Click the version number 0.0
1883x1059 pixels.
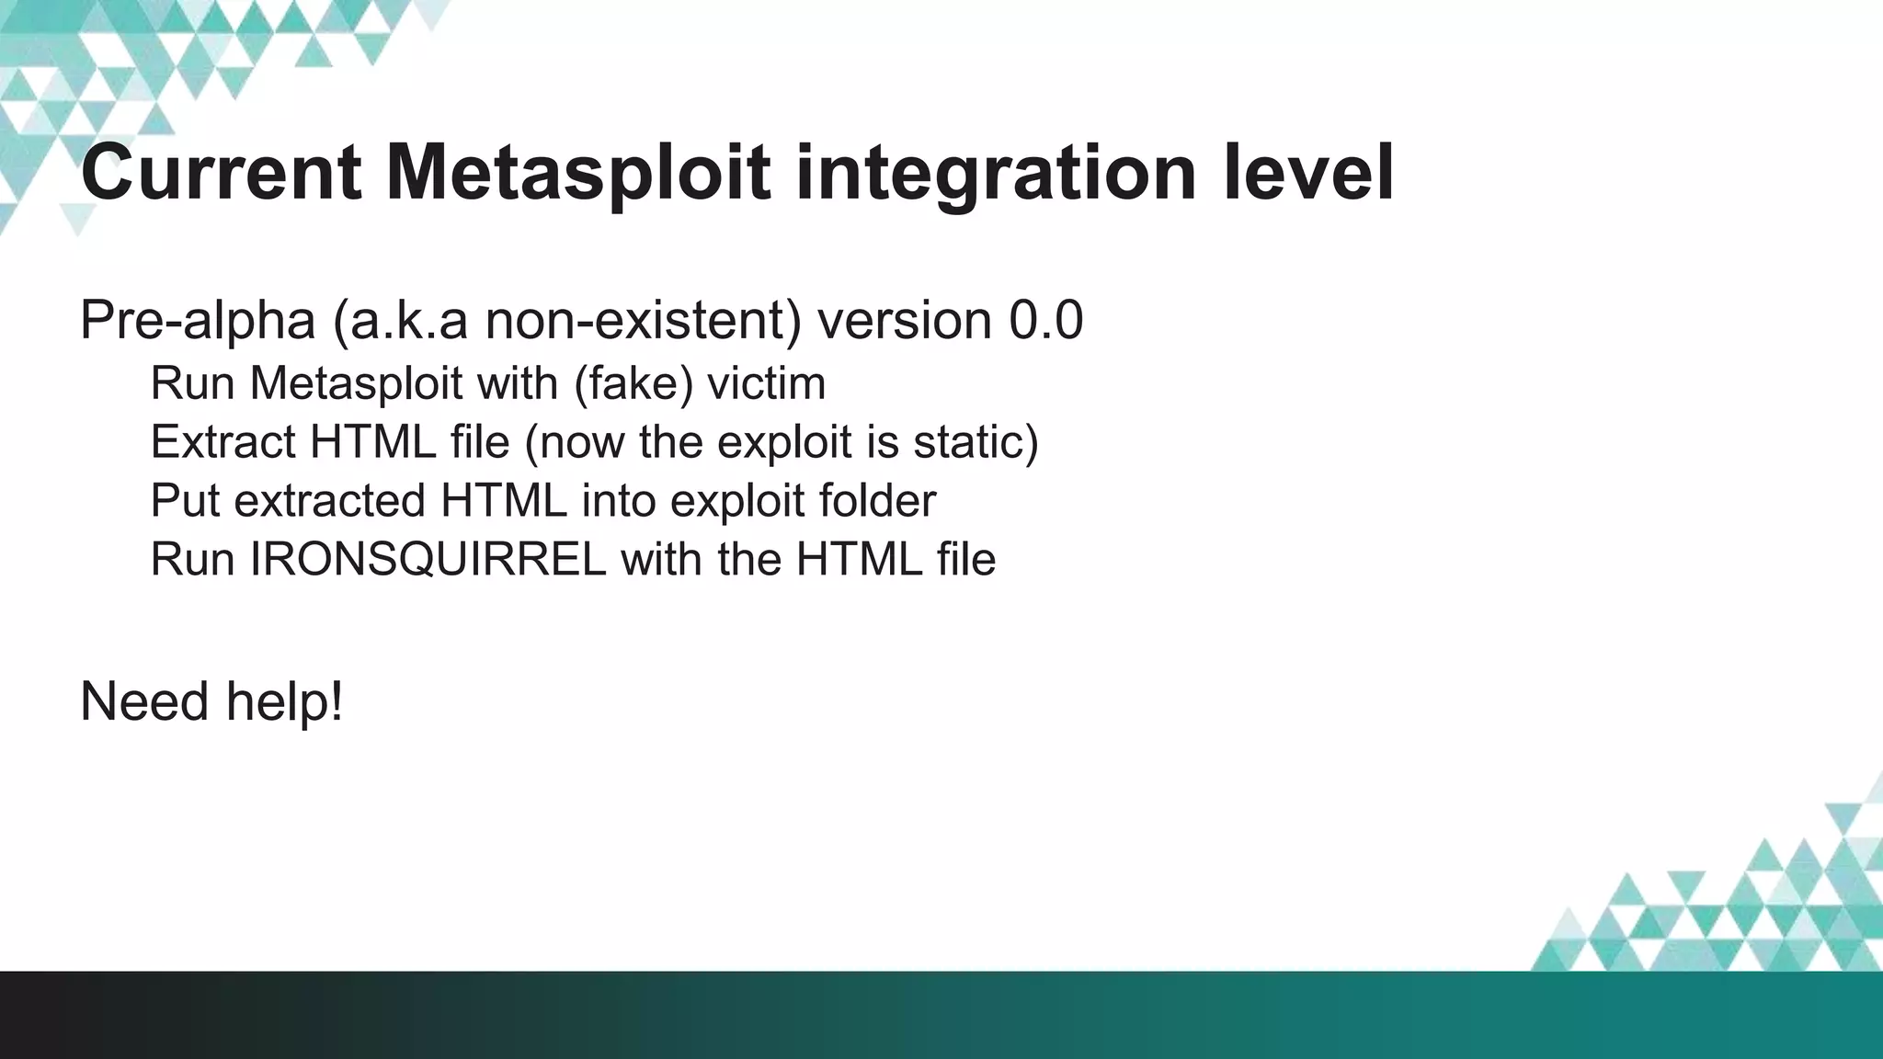pyautogui.click(x=1046, y=321)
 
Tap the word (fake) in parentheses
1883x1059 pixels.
pyautogui.click(x=633, y=383)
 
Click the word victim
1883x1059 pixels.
pyautogui.click(x=766, y=383)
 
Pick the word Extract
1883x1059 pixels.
pyautogui.click(x=223, y=442)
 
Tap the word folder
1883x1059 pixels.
pyautogui.click(x=877, y=501)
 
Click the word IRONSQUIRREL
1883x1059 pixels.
pyautogui.click(x=428, y=560)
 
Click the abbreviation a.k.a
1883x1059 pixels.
pyautogui.click(x=400, y=321)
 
